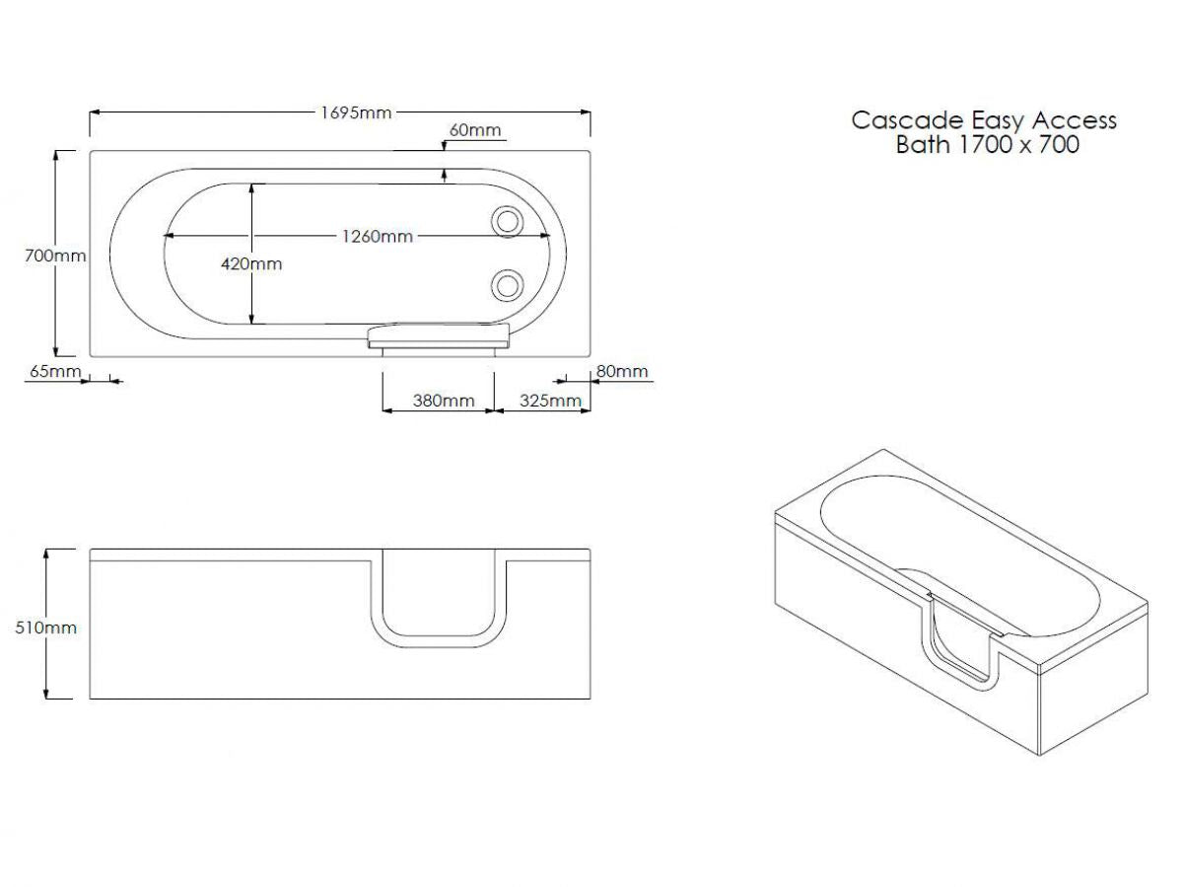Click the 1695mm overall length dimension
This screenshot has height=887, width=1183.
click(356, 112)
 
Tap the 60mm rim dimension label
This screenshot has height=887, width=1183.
click(475, 130)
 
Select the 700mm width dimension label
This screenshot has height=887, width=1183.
click(55, 256)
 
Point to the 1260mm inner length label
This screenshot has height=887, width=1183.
click(378, 236)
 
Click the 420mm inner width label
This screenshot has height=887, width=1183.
click(251, 263)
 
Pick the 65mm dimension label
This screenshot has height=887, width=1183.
click(55, 371)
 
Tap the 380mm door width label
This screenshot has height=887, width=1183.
click(444, 401)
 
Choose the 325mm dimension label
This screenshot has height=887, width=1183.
click(550, 401)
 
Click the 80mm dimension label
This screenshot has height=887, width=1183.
click(622, 371)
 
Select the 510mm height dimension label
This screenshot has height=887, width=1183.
click(45, 628)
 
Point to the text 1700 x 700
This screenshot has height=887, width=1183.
click(1018, 144)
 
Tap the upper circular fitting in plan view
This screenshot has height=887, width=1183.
click(507, 221)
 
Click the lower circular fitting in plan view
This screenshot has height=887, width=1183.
click(507, 285)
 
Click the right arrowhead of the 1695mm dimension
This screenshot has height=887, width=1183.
click(585, 112)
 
